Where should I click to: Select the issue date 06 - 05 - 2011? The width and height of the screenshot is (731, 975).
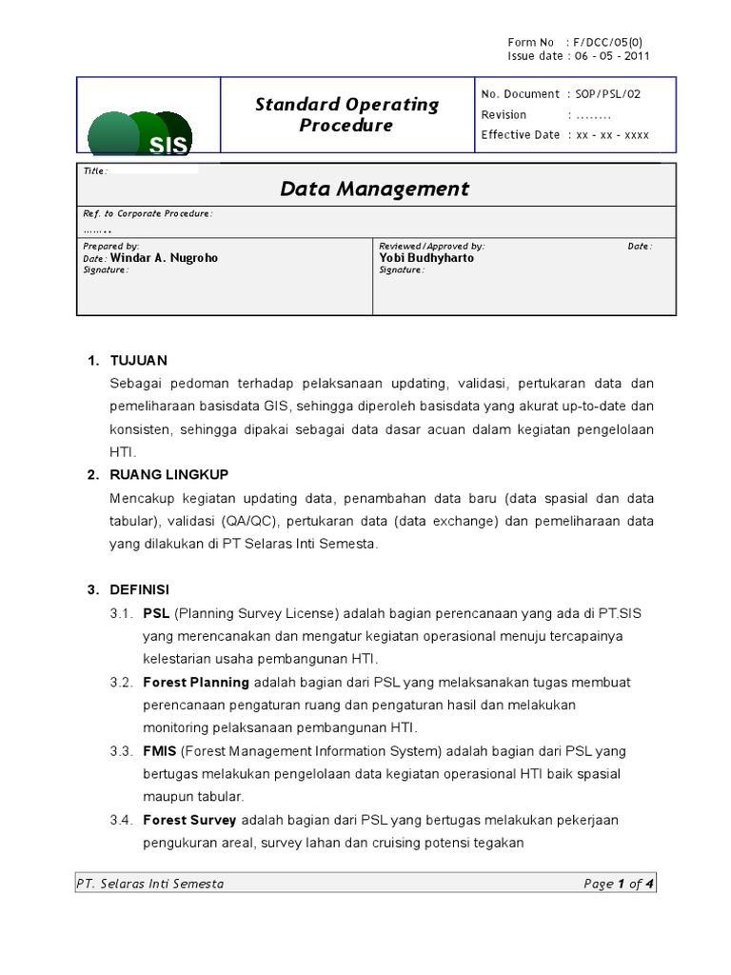click(x=609, y=56)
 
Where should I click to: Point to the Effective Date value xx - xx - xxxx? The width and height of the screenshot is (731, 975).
click(x=609, y=135)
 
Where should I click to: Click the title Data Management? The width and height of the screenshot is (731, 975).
click(x=374, y=189)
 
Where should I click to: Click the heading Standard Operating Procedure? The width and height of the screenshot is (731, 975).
click(x=346, y=114)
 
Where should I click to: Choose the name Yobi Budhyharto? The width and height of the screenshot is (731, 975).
click(x=425, y=258)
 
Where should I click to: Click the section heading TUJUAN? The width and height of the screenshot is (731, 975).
click(x=138, y=360)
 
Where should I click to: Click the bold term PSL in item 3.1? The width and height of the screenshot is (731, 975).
click(x=156, y=612)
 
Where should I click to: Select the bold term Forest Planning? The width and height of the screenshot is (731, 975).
click(x=195, y=682)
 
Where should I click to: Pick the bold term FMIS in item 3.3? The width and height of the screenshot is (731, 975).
click(x=158, y=751)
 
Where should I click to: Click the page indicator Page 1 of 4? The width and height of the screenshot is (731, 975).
click(x=620, y=884)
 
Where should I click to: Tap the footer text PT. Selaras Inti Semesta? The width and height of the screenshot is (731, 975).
click(x=150, y=884)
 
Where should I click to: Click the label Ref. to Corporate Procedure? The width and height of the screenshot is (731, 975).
click(x=148, y=214)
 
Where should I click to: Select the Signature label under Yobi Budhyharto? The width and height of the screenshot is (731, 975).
click(x=402, y=270)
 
